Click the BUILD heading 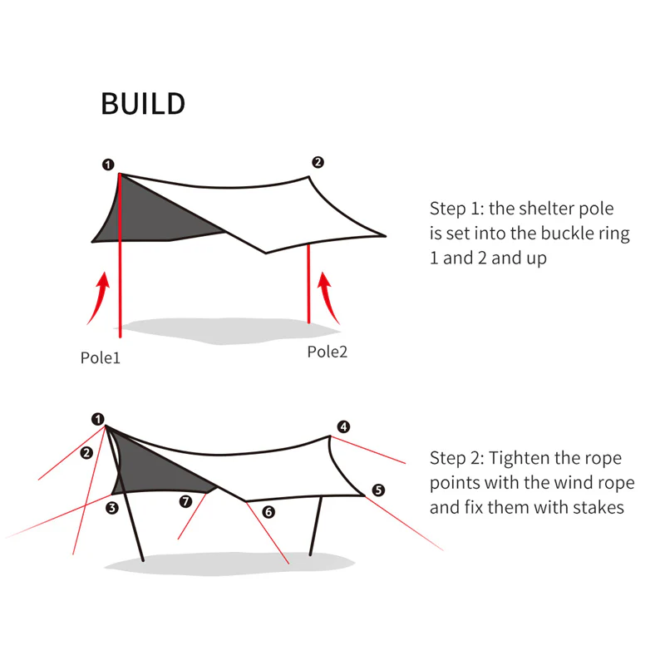click(142, 104)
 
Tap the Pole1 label click(101, 358)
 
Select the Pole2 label click(327, 352)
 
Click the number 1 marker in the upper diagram click(108, 164)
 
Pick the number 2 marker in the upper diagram click(317, 162)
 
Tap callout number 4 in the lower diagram click(343, 427)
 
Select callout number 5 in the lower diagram click(378, 490)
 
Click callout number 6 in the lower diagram click(268, 513)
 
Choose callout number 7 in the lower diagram click(185, 501)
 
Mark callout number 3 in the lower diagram click(112, 506)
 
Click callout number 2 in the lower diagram click(86, 453)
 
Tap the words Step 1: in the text click(456, 208)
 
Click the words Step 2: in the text click(456, 458)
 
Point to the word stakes click(598, 507)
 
